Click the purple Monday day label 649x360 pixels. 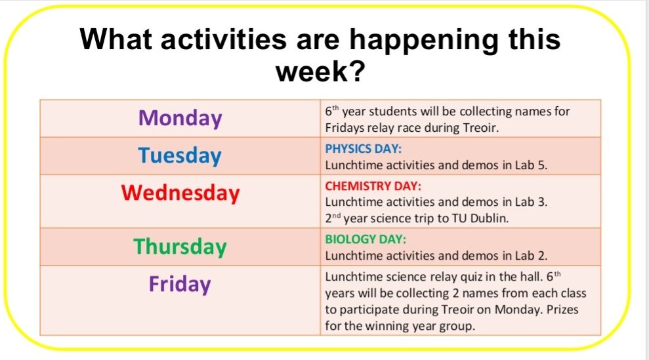pyautogui.click(x=180, y=119)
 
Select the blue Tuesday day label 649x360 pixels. pyautogui.click(x=180, y=156)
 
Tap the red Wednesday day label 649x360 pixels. pyautogui.click(x=180, y=193)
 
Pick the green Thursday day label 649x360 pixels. pyautogui.click(x=180, y=247)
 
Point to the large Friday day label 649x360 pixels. pyautogui.click(x=180, y=285)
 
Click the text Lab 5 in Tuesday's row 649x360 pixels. pyautogui.click(x=534, y=165)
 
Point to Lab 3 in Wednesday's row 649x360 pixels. pyautogui.click(x=534, y=202)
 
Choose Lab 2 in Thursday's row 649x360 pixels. pyautogui.click(x=534, y=256)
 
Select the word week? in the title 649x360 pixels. pyautogui.click(x=320, y=71)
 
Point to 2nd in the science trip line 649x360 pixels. pyautogui.click(x=333, y=218)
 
